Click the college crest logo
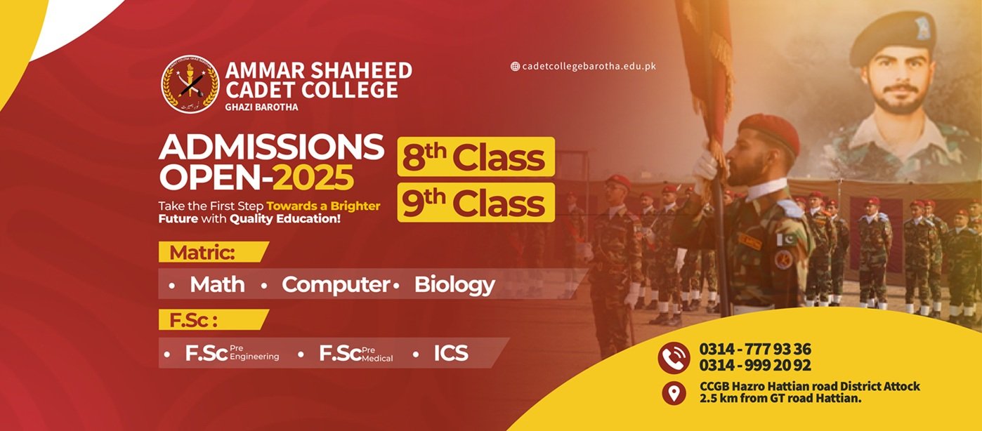point(190,84)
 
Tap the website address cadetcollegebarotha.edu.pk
point(589,66)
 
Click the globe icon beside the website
point(515,67)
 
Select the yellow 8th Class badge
point(476,157)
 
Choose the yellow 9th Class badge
point(476,202)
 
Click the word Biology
point(454,285)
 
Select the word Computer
point(336,285)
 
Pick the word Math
point(218,284)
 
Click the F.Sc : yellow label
point(214,320)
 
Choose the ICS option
point(451,353)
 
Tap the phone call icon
point(674,357)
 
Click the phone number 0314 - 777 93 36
point(755,349)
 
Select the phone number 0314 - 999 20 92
point(755,365)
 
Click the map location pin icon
point(674,393)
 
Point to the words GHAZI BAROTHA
point(261,107)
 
